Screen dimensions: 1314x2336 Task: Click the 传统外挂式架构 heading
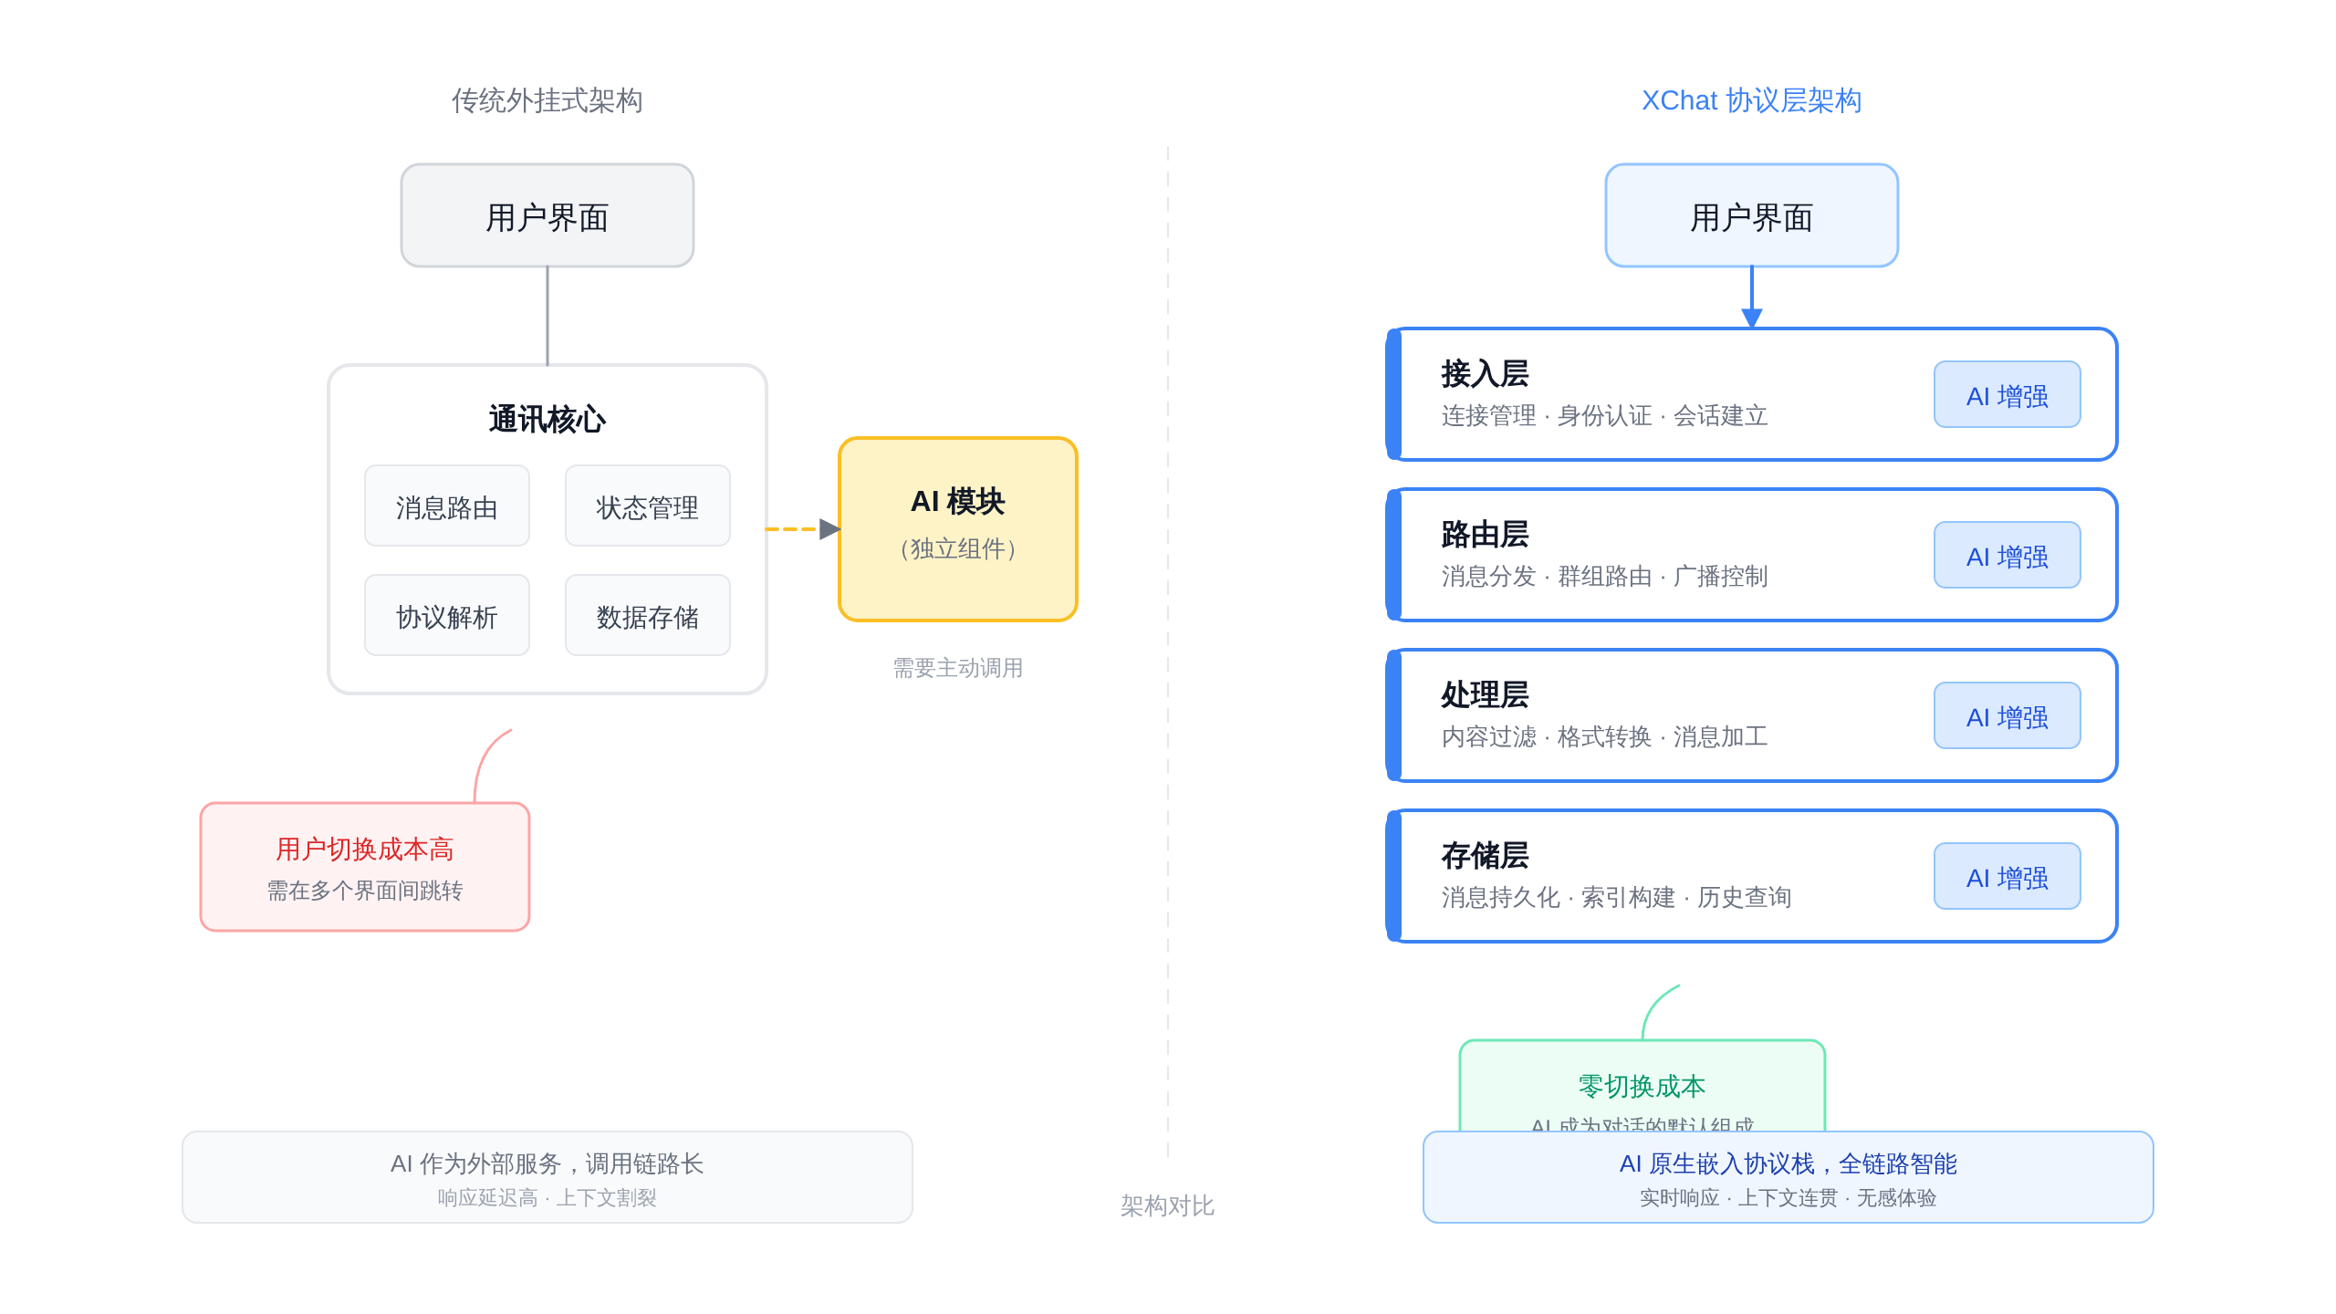click(x=547, y=100)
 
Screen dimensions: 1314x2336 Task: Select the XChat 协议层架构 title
click(x=1751, y=100)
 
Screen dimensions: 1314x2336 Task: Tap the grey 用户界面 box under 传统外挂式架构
click(x=547, y=216)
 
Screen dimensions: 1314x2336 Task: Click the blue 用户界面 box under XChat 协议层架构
click(x=1751, y=216)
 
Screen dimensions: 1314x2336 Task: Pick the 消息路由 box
click(x=446, y=506)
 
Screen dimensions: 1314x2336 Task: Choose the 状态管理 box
click(x=647, y=506)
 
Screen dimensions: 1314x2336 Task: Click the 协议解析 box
click(x=446, y=616)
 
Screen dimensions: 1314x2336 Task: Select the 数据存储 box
click(x=647, y=616)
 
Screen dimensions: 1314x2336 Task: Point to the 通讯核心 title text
click(x=547, y=420)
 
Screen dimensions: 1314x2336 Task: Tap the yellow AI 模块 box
click(x=957, y=529)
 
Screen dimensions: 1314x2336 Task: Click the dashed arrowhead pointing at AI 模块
click(x=829, y=529)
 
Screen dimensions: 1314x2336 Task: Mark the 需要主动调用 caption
click(x=957, y=668)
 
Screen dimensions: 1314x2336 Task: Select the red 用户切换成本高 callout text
click(x=364, y=850)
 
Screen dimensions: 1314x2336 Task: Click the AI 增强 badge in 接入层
click(x=2007, y=395)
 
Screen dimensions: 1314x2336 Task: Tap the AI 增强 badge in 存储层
click(x=2007, y=877)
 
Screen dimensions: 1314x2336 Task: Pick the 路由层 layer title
click(x=1485, y=535)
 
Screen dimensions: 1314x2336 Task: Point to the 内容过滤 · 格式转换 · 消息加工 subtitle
click(x=1604, y=736)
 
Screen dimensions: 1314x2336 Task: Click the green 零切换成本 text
click(x=1642, y=1086)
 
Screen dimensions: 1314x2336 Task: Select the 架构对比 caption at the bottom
click(x=1167, y=1205)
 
